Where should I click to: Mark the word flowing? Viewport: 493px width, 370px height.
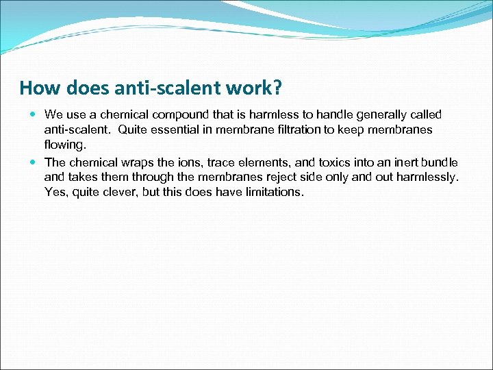tap(65, 145)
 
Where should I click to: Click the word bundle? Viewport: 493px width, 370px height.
tap(440, 162)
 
